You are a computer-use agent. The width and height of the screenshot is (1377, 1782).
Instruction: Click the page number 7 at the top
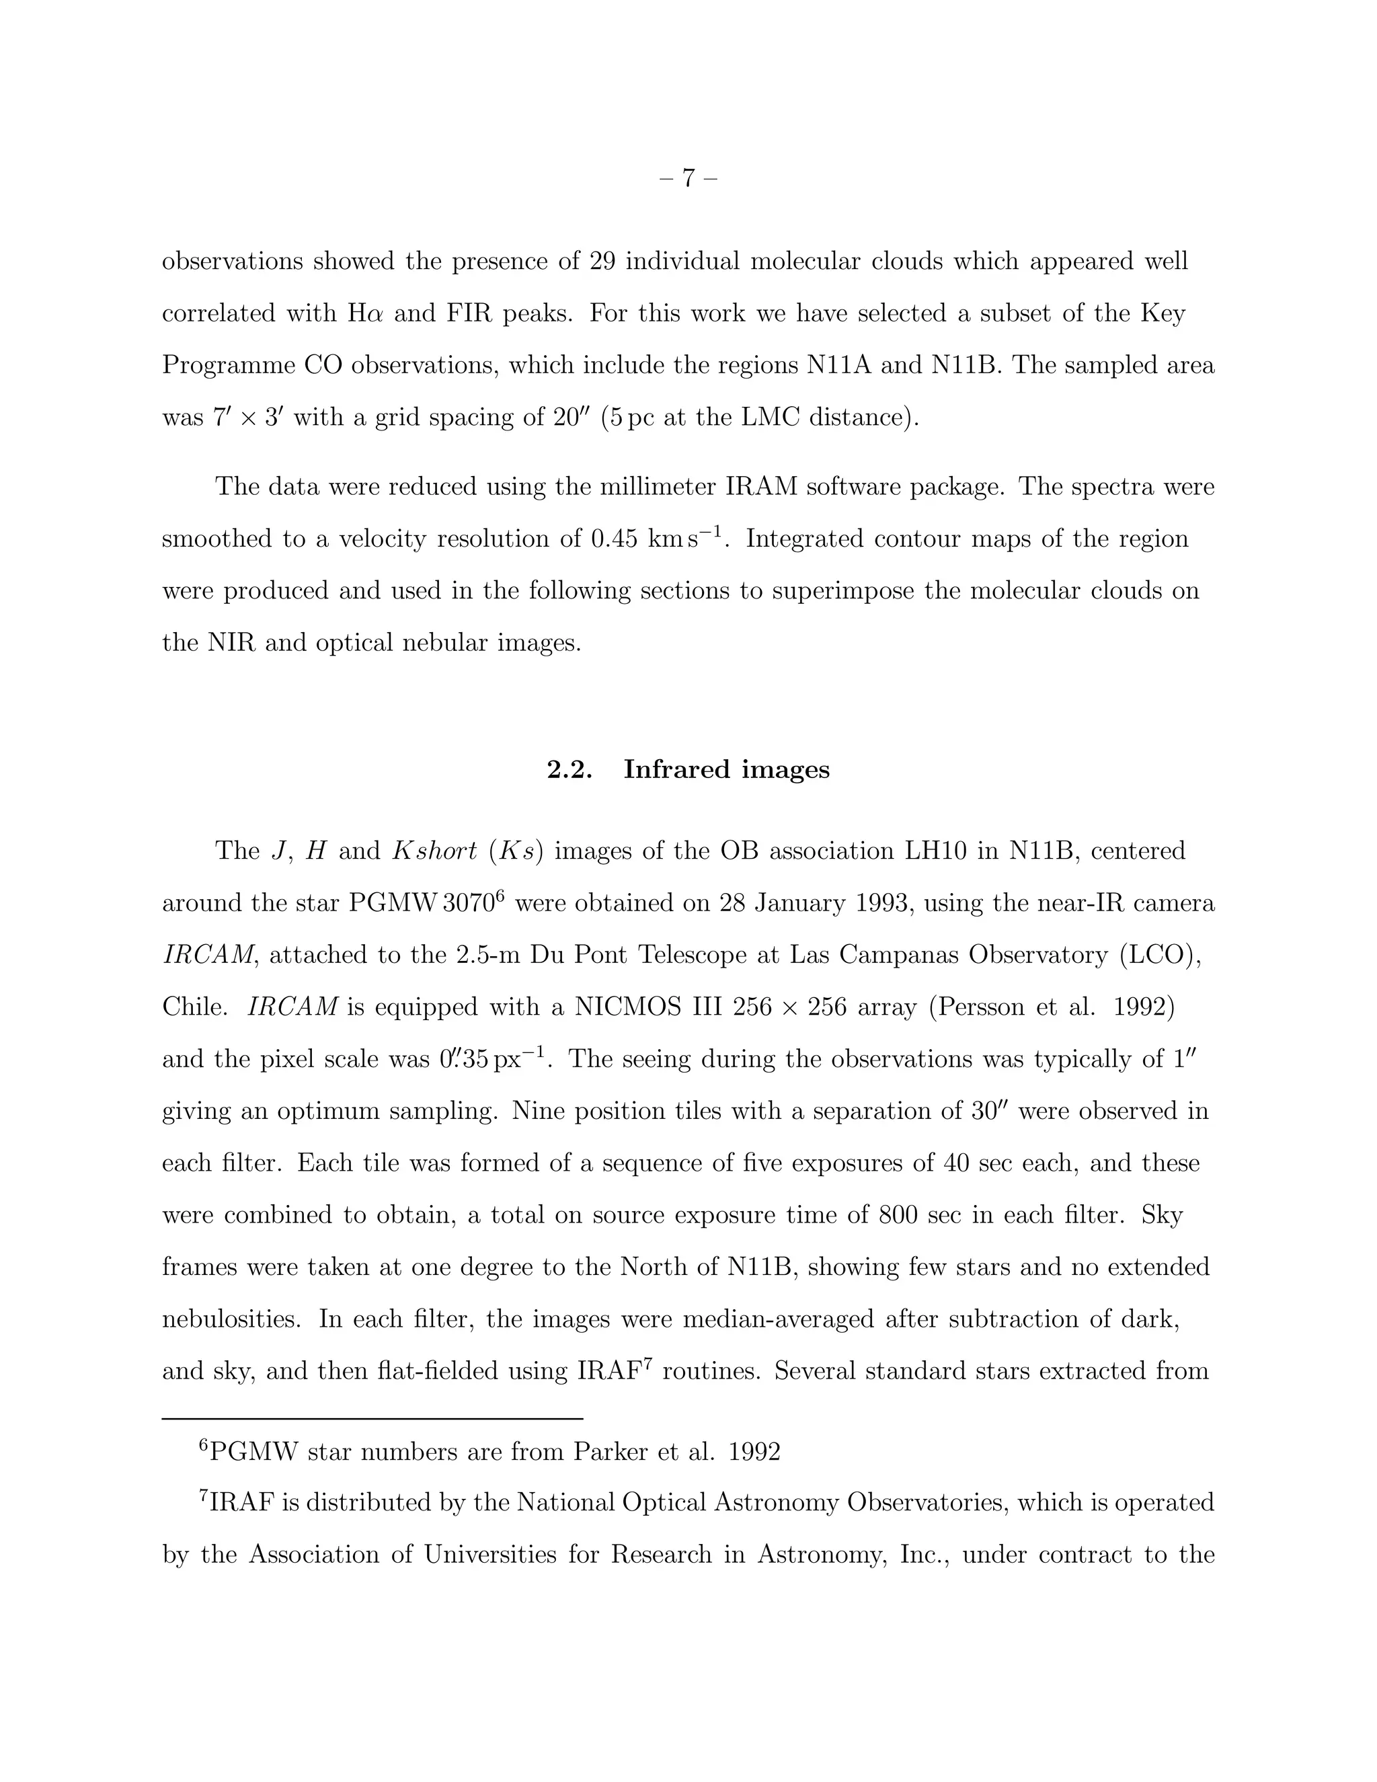(688, 178)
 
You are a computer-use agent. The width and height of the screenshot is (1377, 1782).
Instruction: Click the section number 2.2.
(569, 769)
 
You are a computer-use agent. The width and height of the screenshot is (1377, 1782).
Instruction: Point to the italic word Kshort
(435, 851)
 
